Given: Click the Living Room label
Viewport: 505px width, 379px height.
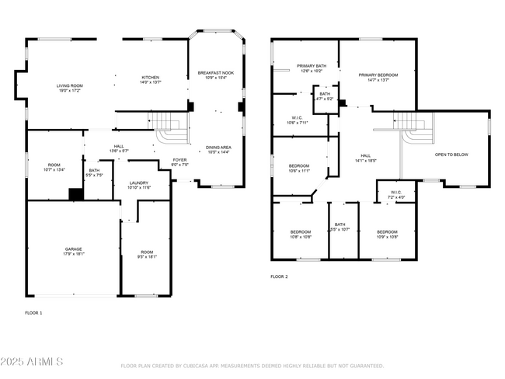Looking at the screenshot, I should coord(69,85).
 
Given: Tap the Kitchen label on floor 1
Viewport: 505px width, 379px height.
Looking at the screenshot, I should coord(150,77).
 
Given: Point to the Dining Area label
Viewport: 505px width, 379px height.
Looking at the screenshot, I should coord(218,148).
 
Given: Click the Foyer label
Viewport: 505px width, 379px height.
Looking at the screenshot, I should coord(179,160).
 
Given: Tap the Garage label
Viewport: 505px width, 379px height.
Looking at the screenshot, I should coord(74,249).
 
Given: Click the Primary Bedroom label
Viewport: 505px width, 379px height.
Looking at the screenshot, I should coord(378,75).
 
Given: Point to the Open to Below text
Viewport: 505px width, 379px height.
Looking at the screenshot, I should coord(451,155).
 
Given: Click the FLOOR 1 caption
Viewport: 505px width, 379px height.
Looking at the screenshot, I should coord(34,313).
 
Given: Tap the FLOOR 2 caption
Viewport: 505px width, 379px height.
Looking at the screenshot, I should coord(279,276).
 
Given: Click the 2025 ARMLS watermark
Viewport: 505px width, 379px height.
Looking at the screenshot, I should coord(33,363).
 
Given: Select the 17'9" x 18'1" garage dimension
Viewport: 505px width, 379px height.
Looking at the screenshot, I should coord(74,254).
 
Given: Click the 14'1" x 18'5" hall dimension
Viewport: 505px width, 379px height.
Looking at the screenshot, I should coord(365,160).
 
